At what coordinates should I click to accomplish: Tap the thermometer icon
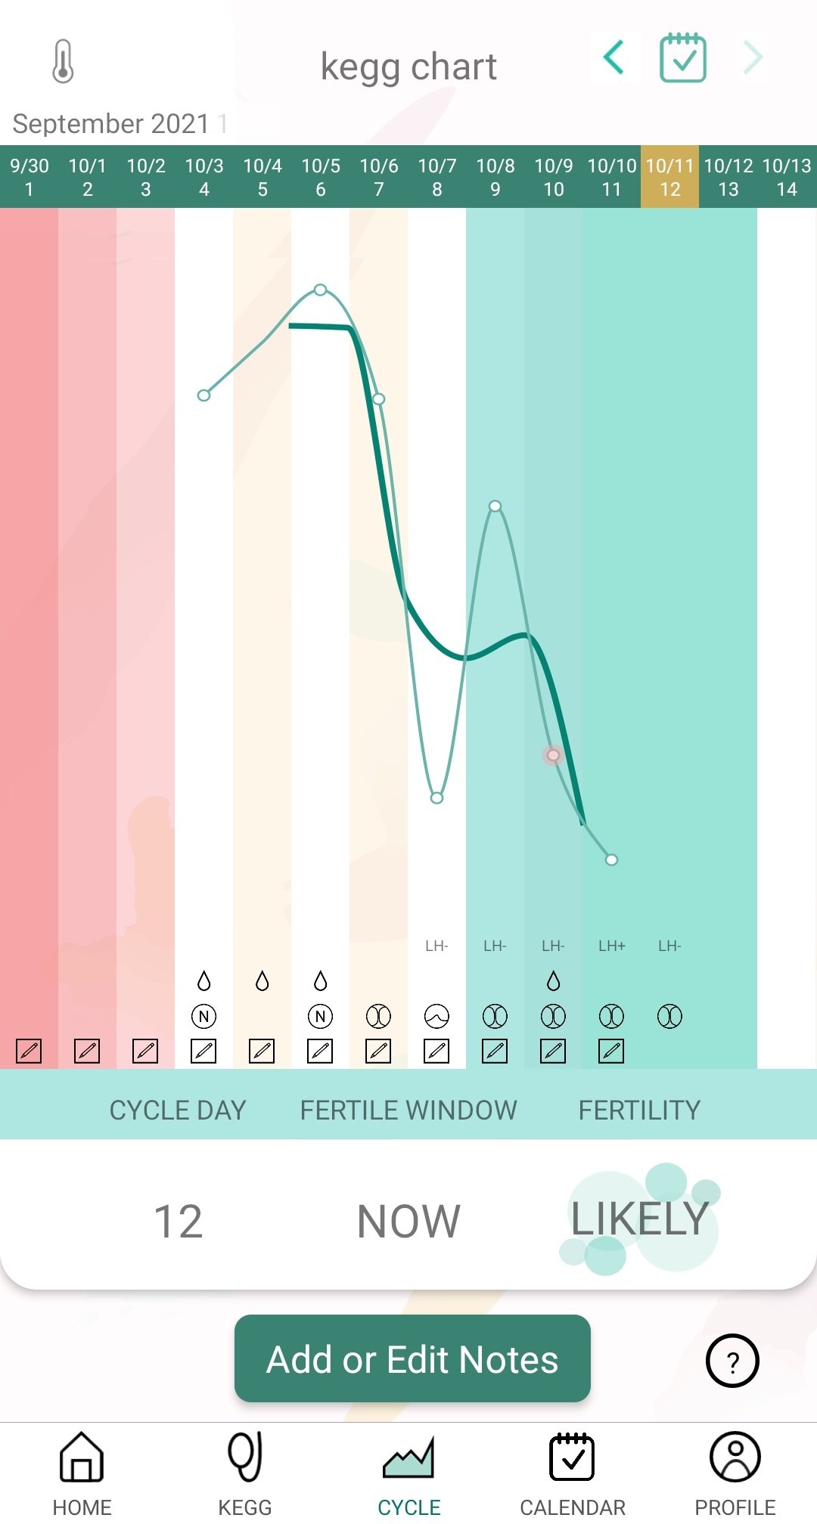click(x=64, y=61)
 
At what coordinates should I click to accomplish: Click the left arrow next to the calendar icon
click(x=614, y=57)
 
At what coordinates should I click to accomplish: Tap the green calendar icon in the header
click(x=683, y=58)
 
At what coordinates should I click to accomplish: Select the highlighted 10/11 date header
click(x=669, y=177)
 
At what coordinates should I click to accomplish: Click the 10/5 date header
click(x=321, y=177)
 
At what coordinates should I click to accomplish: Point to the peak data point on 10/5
click(x=321, y=290)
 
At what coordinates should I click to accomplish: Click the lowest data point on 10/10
click(x=611, y=860)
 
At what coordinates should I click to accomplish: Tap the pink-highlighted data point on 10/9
click(x=553, y=755)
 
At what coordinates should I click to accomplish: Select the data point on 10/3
click(x=203, y=395)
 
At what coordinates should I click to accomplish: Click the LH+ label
click(x=611, y=946)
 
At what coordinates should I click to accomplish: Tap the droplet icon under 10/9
click(x=553, y=981)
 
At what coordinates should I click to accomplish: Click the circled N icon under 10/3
click(x=203, y=1016)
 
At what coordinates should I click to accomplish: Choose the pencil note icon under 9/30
click(x=29, y=1051)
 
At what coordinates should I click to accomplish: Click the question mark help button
click(x=732, y=1361)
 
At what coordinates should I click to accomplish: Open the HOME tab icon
click(x=82, y=1457)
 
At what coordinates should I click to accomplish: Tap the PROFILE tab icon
click(x=735, y=1457)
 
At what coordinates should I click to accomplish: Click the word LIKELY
click(x=639, y=1219)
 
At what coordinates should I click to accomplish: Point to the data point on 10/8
click(x=495, y=506)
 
